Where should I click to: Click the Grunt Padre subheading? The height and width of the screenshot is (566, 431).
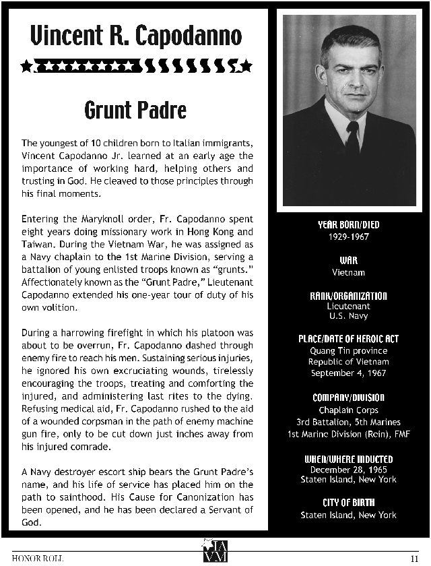(x=136, y=109)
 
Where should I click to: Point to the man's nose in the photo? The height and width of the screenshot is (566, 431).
(x=350, y=80)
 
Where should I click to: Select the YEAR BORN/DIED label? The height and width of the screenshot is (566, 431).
(x=348, y=225)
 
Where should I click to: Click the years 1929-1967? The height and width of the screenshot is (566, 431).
(x=348, y=237)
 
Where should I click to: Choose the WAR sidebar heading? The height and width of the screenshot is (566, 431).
(x=348, y=260)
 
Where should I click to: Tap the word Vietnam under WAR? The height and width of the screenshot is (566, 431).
(x=348, y=272)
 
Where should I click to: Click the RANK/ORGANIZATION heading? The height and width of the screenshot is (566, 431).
(x=348, y=296)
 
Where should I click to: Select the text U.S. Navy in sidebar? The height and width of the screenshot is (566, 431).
(x=348, y=315)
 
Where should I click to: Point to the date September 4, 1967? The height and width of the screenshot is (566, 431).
(x=348, y=373)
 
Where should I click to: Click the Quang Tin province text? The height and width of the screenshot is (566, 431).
(x=348, y=351)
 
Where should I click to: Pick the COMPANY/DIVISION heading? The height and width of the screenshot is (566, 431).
(x=348, y=397)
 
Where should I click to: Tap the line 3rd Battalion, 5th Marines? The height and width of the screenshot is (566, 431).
(x=348, y=421)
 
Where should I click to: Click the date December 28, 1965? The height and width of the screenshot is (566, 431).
(x=348, y=470)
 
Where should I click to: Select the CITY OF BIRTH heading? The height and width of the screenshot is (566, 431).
(x=348, y=503)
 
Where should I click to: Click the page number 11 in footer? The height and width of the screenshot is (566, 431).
(x=414, y=557)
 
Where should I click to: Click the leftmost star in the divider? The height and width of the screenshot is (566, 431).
(x=26, y=65)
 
